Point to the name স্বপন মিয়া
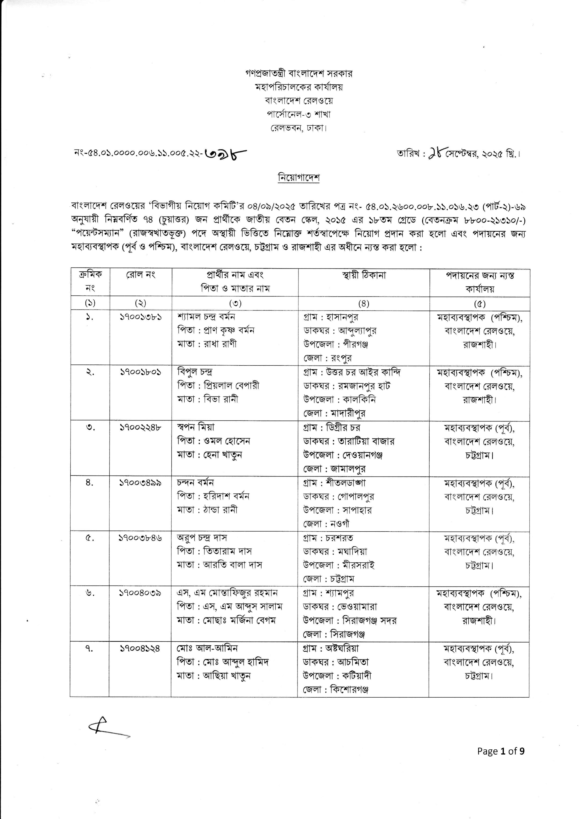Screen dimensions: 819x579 point(196,427)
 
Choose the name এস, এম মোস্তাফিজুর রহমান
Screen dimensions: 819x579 point(227,593)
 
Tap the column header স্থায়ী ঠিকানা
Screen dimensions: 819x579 point(363,275)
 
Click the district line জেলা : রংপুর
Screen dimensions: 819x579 point(328,357)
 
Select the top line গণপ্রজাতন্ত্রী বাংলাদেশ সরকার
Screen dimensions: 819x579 point(299,74)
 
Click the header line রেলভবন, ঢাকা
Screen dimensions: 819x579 point(299,128)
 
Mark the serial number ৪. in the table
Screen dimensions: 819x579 point(90,483)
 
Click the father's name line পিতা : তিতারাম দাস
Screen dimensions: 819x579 point(214,551)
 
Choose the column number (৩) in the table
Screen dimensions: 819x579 point(235,303)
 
